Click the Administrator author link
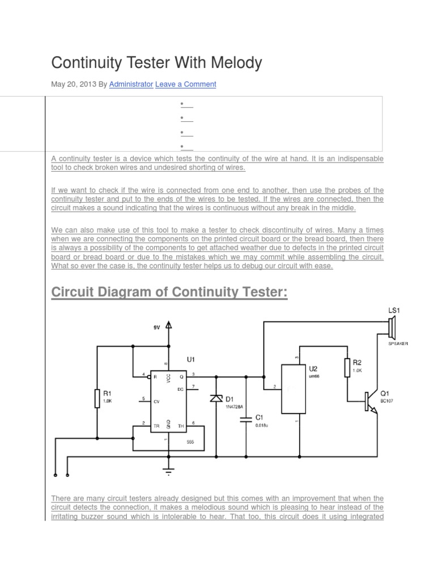pos(131,84)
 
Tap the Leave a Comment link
pos(185,84)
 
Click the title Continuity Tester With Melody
pos(156,62)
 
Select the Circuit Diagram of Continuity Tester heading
pos(169,293)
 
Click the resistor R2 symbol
pos(347,368)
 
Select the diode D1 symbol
pos(216,399)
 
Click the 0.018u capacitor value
pos(261,425)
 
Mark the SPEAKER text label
pos(398,343)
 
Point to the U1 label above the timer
pos(191,359)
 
